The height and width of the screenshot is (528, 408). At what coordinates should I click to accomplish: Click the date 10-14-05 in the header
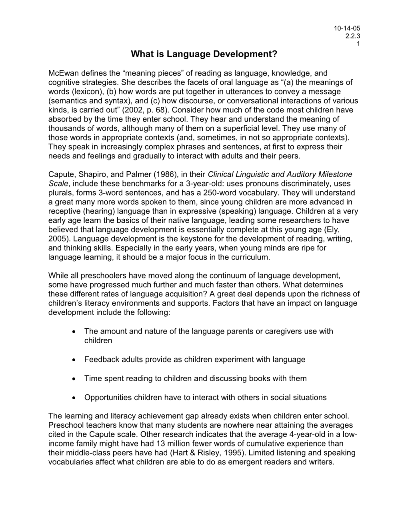pos(347,28)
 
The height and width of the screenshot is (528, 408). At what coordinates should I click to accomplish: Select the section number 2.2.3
pos(352,36)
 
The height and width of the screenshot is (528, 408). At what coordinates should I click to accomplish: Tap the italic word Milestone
pos(334,174)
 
